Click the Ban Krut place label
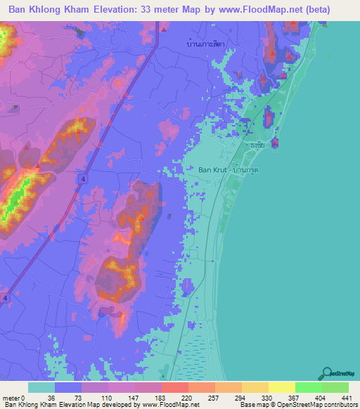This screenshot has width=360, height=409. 214,169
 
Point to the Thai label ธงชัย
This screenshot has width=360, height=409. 259,146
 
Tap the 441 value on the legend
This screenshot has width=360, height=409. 336,397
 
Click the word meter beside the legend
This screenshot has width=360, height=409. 9,397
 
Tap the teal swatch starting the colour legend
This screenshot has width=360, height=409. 41,387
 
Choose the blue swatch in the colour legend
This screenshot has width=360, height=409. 68,387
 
